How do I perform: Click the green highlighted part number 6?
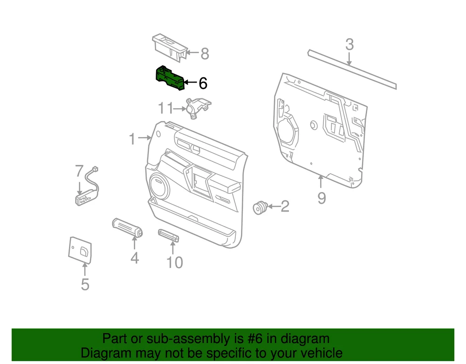pyautogui.click(x=170, y=78)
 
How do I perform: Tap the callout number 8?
pyautogui.click(x=205, y=54)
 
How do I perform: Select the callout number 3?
pyautogui.click(x=349, y=45)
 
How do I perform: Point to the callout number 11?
pyautogui.click(x=165, y=108)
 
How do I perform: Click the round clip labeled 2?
pyautogui.click(x=260, y=207)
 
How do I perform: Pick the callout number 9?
pyautogui.click(x=322, y=198)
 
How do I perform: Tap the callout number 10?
pyautogui.click(x=174, y=262)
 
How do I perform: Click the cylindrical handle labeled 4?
pyautogui.click(x=127, y=227)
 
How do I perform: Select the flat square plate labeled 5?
pyautogui.click(x=80, y=250)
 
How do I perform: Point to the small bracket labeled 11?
pyautogui.click(x=198, y=108)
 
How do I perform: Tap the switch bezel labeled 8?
pyautogui.click(x=170, y=48)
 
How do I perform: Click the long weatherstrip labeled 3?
pyautogui.click(x=352, y=69)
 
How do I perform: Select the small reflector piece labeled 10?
pyautogui.click(x=169, y=235)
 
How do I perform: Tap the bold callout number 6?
pyautogui.click(x=203, y=83)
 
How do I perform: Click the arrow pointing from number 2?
pyautogui.click(x=274, y=206)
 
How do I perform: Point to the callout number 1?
pyautogui.click(x=132, y=139)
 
